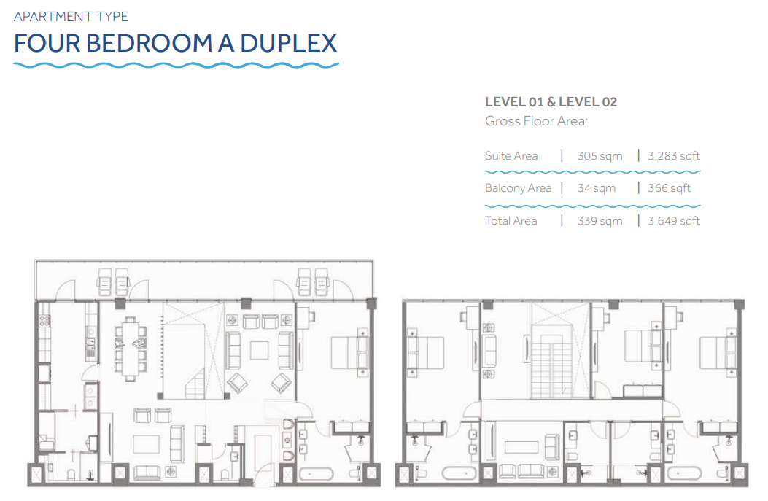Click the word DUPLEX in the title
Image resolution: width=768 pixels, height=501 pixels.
pyautogui.click(x=289, y=43)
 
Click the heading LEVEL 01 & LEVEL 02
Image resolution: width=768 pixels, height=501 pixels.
pyautogui.click(x=551, y=102)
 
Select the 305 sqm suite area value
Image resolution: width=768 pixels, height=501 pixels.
pyautogui.click(x=600, y=156)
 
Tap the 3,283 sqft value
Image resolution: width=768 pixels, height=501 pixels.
pyautogui.click(x=674, y=156)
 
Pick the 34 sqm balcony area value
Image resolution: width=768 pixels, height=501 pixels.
pyautogui.click(x=597, y=188)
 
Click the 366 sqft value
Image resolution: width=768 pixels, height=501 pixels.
pyautogui.click(x=669, y=188)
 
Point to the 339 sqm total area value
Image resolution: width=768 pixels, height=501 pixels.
pyautogui.click(x=600, y=221)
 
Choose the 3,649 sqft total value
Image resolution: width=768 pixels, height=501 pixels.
pyautogui.click(x=674, y=221)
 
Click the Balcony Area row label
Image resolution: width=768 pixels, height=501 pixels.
pyautogui.click(x=519, y=188)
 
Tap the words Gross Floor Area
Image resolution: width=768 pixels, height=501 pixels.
pyautogui.click(x=536, y=121)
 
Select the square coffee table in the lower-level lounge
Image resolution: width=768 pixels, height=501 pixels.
pyautogui.click(x=259, y=350)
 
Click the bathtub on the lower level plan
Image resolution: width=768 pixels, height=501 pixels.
pyautogui.click(x=317, y=474)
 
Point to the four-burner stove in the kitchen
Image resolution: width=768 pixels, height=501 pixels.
pyautogui.click(x=44, y=321)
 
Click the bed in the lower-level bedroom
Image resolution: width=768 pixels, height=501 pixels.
pyautogui.click(x=349, y=352)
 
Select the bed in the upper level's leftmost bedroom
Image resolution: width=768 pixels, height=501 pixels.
pyautogui.click(x=425, y=353)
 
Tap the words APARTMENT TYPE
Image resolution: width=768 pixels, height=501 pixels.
pyautogui.click(x=71, y=17)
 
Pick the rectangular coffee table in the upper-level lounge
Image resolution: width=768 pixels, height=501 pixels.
pyautogui.click(x=522, y=448)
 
